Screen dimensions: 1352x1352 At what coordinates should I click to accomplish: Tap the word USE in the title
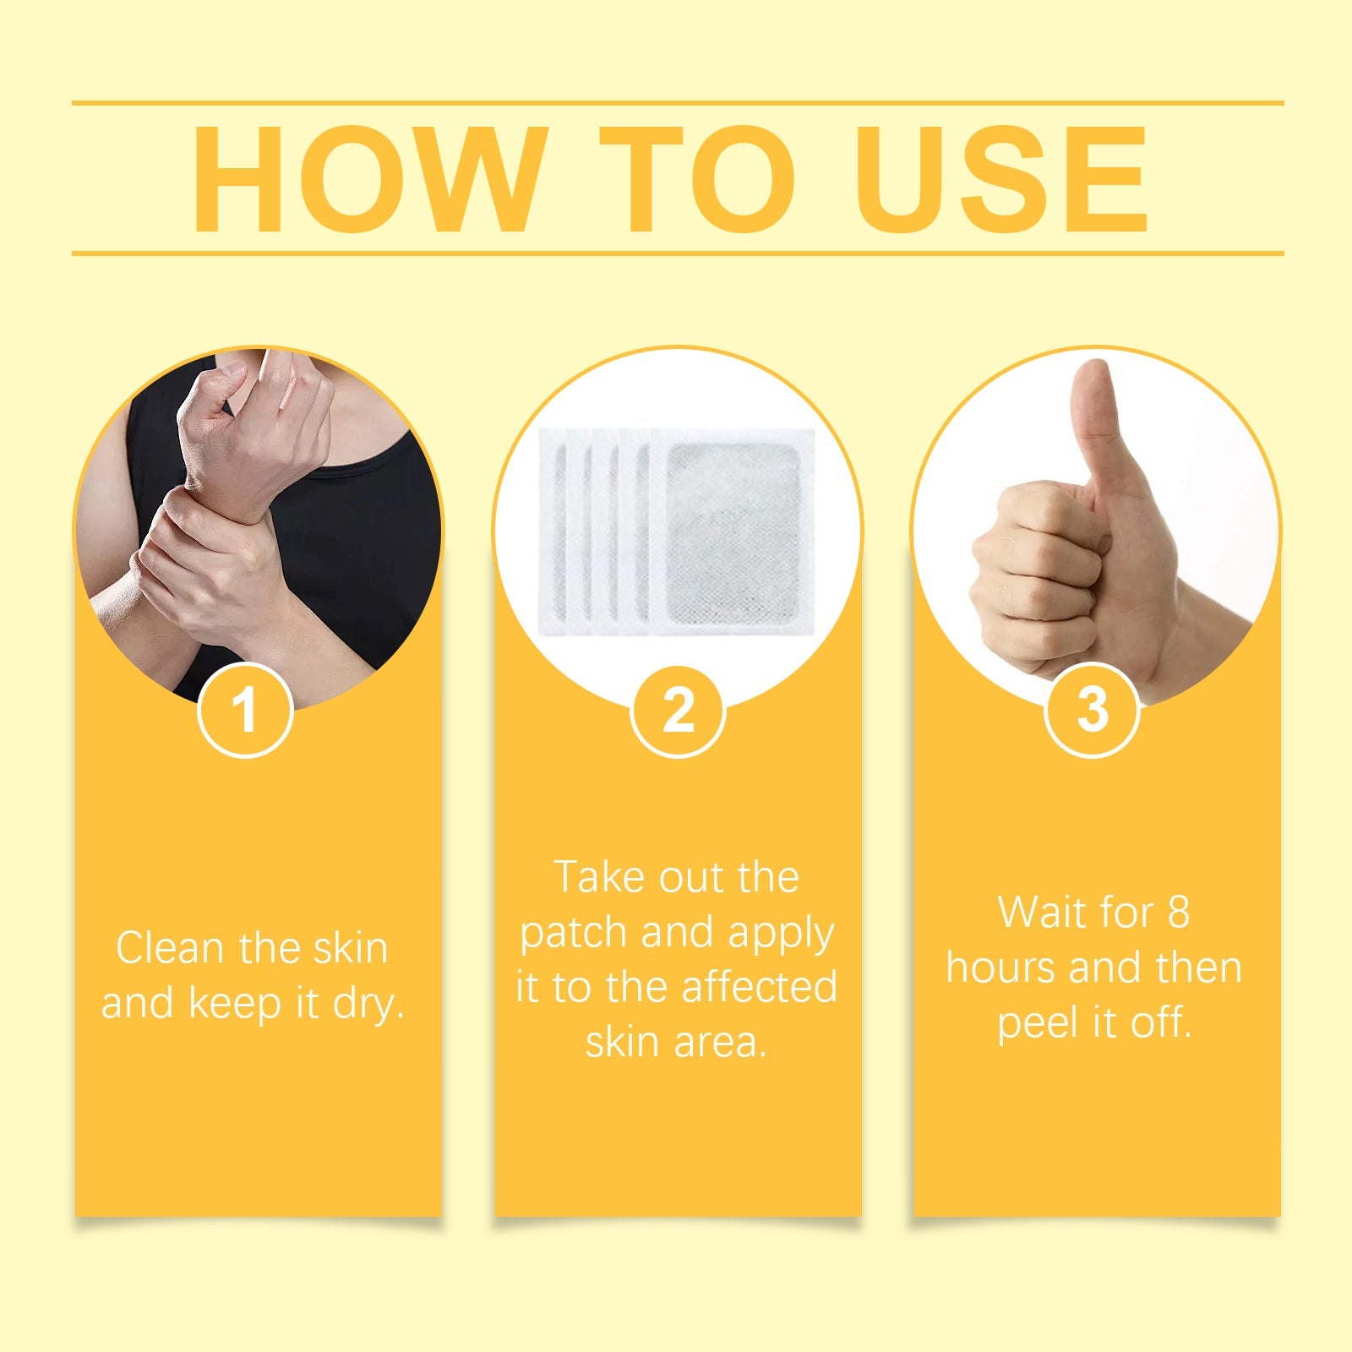[1001, 179]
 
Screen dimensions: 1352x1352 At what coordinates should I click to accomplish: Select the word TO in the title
[697, 179]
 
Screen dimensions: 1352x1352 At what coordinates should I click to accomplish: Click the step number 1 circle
[245, 710]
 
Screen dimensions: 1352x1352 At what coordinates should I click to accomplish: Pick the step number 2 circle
[678, 710]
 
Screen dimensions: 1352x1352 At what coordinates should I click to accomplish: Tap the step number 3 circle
[1092, 710]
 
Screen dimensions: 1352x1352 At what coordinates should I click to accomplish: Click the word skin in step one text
[350, 948]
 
